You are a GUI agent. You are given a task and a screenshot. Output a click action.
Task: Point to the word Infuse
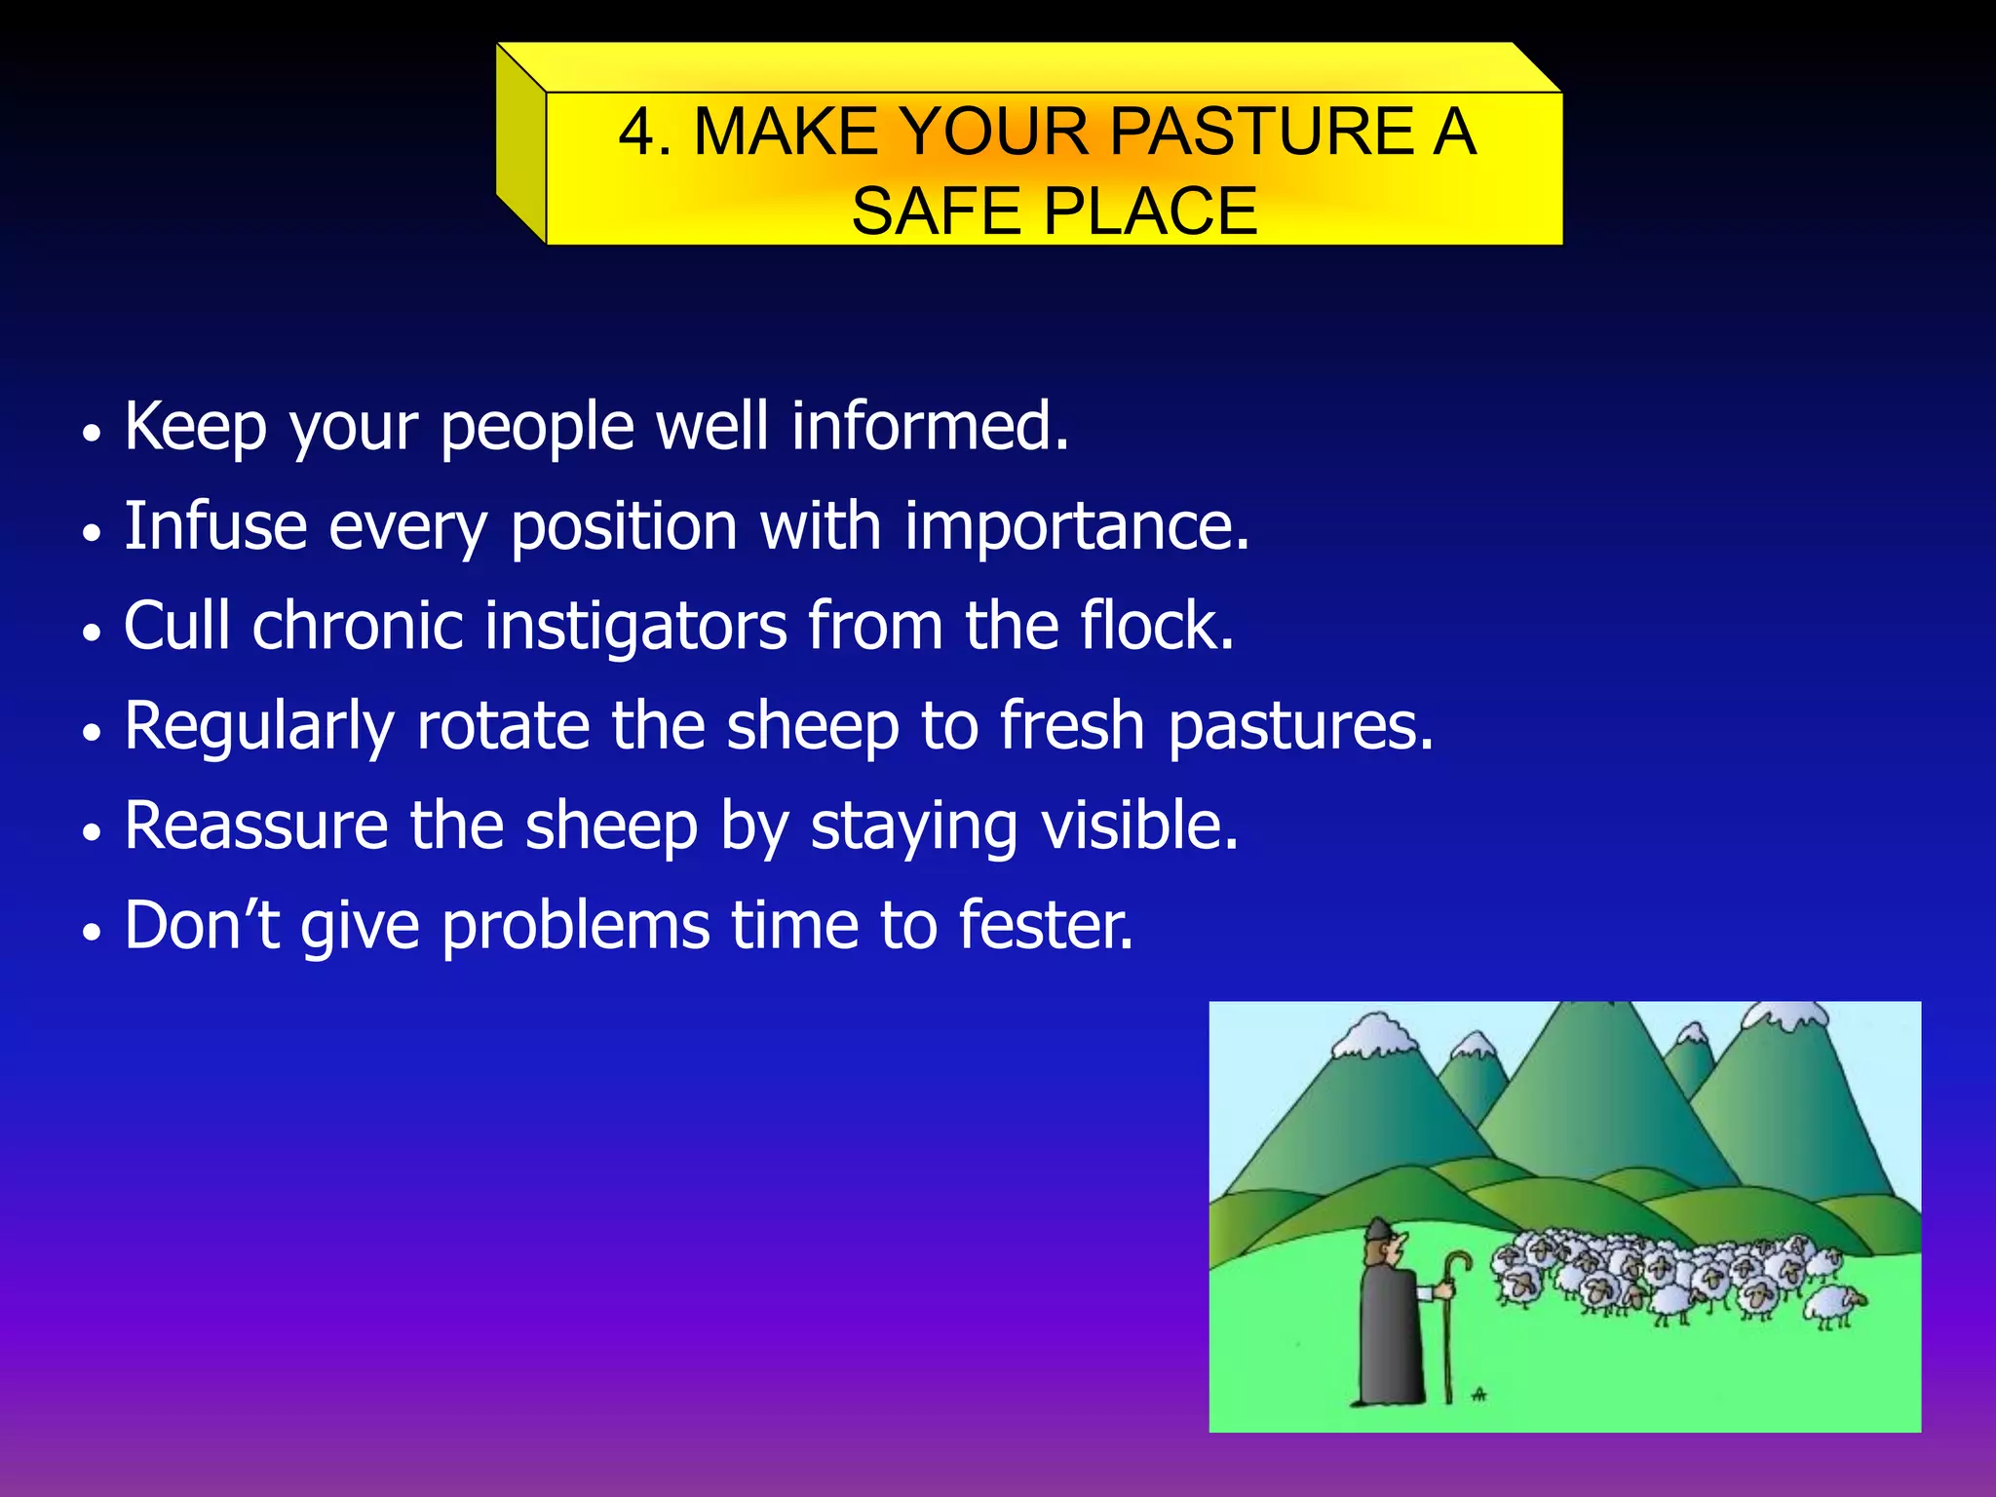(x=215, y=526)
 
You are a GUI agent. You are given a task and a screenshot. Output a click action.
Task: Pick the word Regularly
(x=259, y=729)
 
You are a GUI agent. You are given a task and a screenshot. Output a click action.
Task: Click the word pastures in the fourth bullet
(x=1300, y=729)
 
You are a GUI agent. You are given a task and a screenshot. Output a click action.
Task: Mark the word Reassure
(x=255, y=826)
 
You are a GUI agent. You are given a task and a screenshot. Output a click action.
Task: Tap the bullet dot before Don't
(x=92, y=932)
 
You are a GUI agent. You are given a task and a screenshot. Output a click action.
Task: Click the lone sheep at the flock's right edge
(x=1834, y=1304)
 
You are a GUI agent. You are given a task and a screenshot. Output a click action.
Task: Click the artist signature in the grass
(x=1479, y=1395)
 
